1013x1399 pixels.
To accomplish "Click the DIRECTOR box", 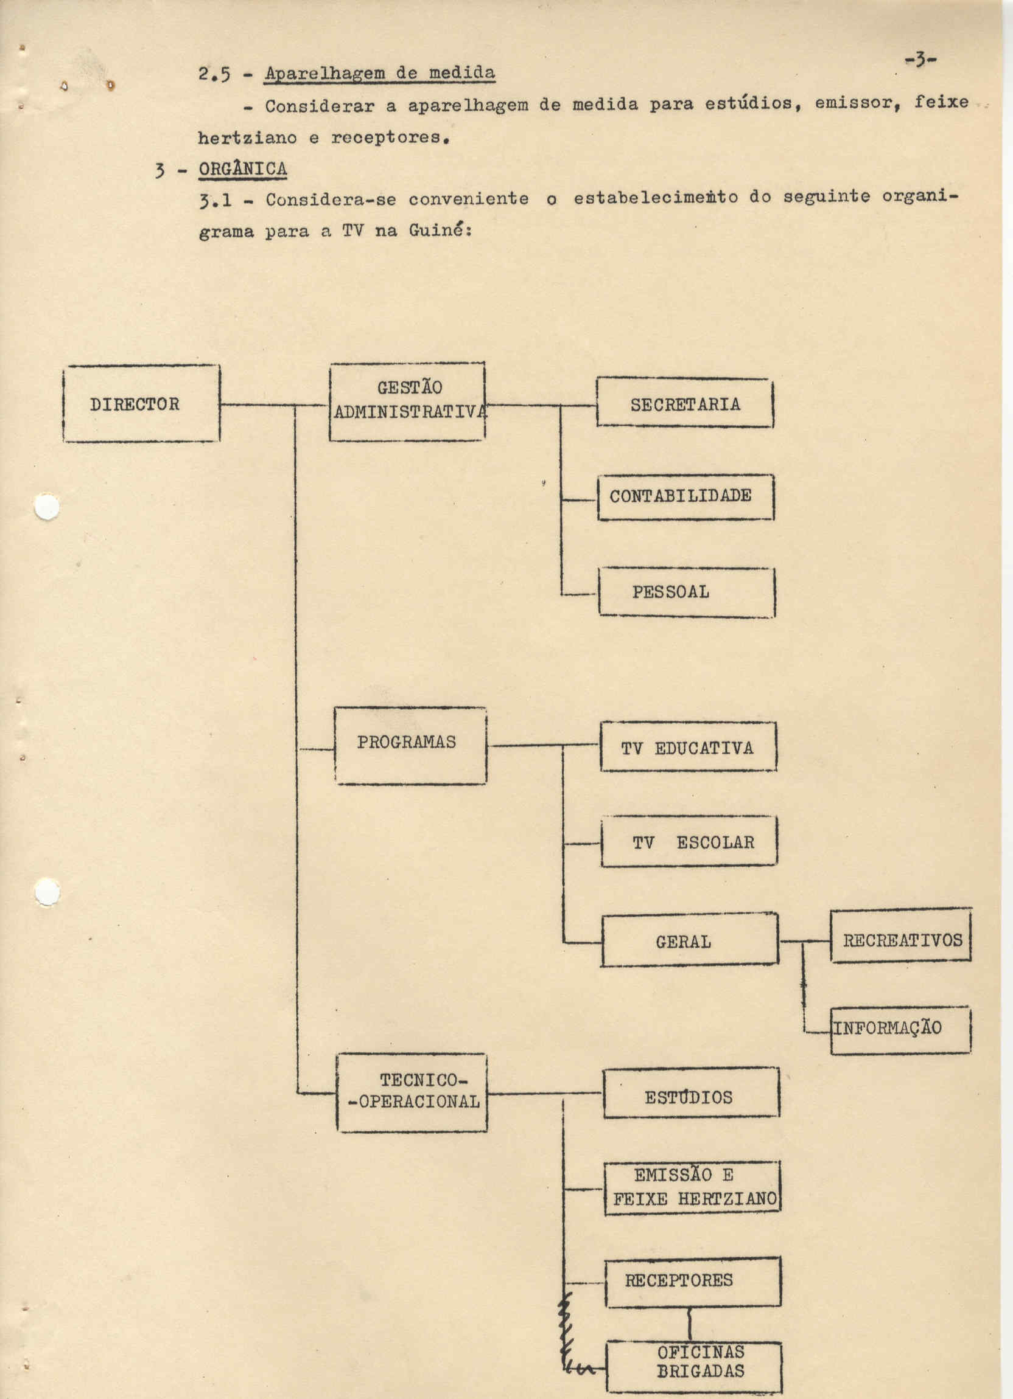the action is pos(141,403).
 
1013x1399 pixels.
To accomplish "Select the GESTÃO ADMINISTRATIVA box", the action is pos(407,401).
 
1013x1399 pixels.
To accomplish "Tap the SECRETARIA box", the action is pos(685,402).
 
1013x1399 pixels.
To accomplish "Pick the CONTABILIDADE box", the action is pos(685,497).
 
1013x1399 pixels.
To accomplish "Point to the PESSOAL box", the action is pos(687,592).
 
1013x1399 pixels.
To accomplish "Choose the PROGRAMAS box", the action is pos(410,746).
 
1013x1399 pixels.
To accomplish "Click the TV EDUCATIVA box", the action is pos(689,746).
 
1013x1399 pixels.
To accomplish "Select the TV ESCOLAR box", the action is pos(689,841).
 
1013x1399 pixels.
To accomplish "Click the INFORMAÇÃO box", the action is pos(900,1030).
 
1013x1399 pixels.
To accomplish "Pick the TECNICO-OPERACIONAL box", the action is pos(412,1092).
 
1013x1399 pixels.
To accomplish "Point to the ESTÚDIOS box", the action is pos(692,1092).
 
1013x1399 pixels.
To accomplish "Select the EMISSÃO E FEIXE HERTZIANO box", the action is pos(692,1188).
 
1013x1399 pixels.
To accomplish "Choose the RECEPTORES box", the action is pos(693,1280).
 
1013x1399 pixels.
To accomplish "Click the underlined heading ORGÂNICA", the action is pos(243,168).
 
